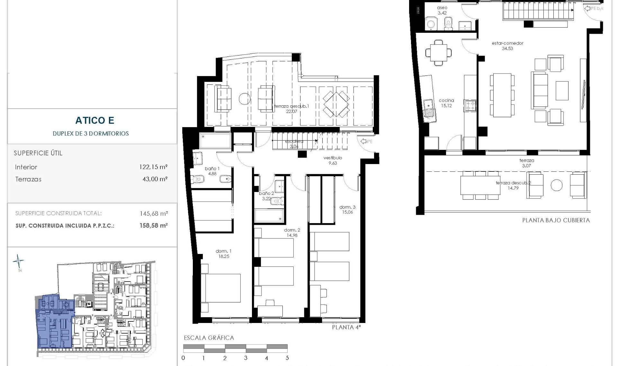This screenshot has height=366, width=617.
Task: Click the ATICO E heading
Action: click(x=95, y=120)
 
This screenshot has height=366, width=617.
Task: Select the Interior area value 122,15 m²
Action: click(x=154, y=167)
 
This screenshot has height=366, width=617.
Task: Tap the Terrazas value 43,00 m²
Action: click(x=155, y=179)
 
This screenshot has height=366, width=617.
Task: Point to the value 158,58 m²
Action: click(x=154, y=225)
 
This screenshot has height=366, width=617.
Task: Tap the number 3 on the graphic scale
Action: click(x=246, y=358)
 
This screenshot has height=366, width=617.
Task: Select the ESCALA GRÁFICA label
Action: click(x=209, y=338)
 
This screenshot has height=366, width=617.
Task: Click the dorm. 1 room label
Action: click(x=224, y=254)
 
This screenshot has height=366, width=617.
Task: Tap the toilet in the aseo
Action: click(x=449, y=23)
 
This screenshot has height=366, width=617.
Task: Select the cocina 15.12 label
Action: click(x=446, y=103)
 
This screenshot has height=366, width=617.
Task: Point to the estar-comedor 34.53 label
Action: click(x=507, y=46)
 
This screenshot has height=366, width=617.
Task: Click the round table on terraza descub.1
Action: click(x=244, y=99)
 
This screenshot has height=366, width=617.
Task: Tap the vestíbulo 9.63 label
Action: click(x=333, y=160)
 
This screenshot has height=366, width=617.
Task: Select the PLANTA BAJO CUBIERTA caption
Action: click(x=556, y=220)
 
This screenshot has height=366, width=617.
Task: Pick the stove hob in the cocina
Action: click(x=470, y=106)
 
